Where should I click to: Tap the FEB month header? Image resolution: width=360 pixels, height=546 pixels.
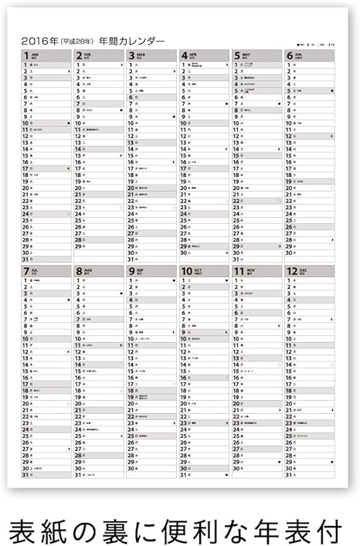[x=99, y=56]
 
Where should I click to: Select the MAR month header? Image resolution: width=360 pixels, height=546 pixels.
[x=151, y=56]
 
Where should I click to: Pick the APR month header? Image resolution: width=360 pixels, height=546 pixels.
[x=204, y=56]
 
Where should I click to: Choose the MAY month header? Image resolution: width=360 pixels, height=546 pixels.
[x=256, y=56]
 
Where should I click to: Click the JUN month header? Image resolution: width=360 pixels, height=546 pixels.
[x=309, y=56]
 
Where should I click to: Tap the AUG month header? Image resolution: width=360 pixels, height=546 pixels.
[x=99, y=271]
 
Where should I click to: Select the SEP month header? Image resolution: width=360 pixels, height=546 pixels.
[x=151, y=271]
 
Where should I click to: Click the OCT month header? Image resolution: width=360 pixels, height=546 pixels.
[x=204, y=271]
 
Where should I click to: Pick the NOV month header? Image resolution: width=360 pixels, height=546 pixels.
[x=256, y=271]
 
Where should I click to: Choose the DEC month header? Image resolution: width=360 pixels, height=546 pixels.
[x=309, y=271]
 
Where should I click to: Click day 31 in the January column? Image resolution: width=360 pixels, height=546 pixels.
[x=26, y=259]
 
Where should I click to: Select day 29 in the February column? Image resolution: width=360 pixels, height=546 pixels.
[x=79, y=246]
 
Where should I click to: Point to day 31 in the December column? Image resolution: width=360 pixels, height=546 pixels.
[x=289, y=474]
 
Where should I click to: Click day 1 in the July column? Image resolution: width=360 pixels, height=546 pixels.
[x=26, y=280]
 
